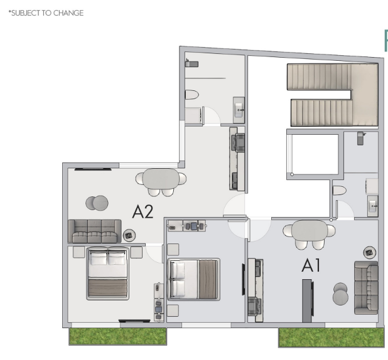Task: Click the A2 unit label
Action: [143, 211]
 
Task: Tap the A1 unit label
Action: [311, 265]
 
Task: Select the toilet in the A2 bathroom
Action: [192, 95]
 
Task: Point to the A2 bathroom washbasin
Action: [239, 110]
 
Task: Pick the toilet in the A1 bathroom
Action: [340, 191]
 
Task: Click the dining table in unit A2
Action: [161, 179]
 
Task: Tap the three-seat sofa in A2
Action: [95, 231]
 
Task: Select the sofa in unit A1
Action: [366, 288]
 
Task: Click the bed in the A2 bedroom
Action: [107, 273]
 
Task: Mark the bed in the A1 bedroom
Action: [194, 279]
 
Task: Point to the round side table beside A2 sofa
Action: [129, 235]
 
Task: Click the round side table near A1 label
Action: [370, 253]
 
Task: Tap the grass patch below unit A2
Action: [118, 336]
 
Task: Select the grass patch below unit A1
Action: [331, 337]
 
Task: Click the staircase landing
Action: [365, 95]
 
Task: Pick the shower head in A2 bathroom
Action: [191, 64]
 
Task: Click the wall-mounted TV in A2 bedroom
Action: [134, 321]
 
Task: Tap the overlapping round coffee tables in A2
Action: [97, 203]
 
